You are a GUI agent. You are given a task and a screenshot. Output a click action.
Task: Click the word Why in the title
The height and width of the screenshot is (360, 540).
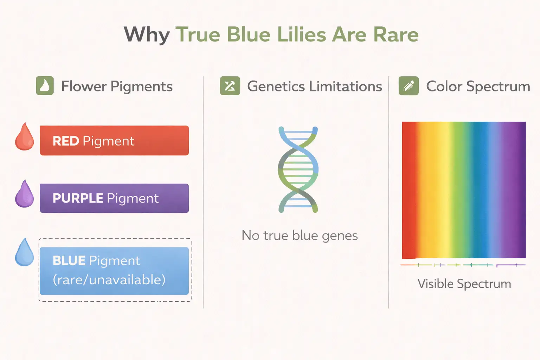pos(147,35)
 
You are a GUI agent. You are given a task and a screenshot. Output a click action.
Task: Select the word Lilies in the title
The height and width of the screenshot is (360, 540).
pos(302,34)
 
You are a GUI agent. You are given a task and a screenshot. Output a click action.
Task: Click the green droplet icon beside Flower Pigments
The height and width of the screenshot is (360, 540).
pos(45,85)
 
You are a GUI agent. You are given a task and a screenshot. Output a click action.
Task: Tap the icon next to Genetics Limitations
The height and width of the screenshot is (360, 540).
pos(230,86)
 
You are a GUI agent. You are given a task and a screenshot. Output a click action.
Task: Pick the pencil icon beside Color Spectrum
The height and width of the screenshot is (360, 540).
pos(409,86)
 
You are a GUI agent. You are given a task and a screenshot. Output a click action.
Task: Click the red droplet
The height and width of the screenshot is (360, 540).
pos(24,137)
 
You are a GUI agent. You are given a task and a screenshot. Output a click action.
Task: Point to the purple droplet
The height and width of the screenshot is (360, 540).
pos(24,194)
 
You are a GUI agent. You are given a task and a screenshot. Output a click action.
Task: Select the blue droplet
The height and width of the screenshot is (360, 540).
pos(24,252)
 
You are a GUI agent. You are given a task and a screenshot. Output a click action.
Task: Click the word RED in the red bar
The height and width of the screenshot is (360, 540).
pos(66,141)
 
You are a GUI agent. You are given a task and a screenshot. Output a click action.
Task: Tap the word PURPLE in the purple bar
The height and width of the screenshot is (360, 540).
pos(78,198)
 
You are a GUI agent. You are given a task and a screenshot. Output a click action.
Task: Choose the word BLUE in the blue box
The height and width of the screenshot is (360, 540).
pos(69,261)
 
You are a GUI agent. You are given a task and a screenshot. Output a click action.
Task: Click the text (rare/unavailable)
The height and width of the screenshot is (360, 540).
pos(109,280)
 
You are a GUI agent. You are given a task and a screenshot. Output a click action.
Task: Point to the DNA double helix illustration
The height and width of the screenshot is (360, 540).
pos(298,169)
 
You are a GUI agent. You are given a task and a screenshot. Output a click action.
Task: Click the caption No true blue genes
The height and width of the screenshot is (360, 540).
pos(300,236)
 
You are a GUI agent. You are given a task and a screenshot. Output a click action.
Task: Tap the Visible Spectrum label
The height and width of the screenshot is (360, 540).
pos(464,284)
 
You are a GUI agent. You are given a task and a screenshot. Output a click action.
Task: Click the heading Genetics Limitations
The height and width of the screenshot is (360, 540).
pos(315,86)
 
